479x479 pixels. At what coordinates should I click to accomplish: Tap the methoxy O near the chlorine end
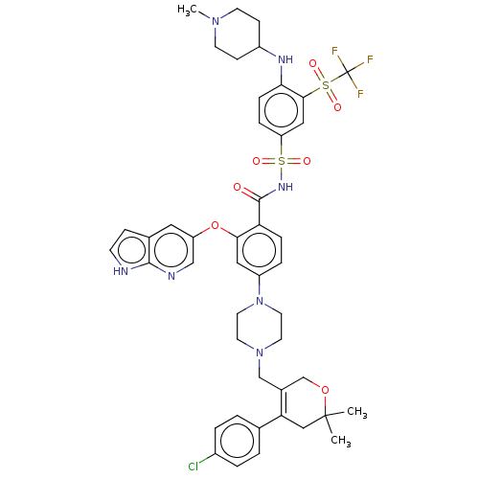(x=324, y=390)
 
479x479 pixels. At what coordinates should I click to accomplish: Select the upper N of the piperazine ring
(x=259, y=304)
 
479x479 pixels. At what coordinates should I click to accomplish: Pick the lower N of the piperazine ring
(x=259, y=354)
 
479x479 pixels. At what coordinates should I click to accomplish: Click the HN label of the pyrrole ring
(x=121, y=271)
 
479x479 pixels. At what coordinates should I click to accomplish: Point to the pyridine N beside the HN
(x=171, y=277)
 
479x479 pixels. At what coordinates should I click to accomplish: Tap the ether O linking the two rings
(x=215, y=227)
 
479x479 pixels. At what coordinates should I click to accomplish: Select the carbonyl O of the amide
(x=237, y=188)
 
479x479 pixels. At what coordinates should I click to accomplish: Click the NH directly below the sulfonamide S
(x=285, y=188)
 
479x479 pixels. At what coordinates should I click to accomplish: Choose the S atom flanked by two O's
(x=282, y=162)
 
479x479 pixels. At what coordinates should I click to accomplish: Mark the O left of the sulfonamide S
(x=257, y=162)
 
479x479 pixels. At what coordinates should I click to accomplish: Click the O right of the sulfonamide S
(x=307, y=162)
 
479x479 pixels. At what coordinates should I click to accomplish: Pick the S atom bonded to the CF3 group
(x=326, y=86)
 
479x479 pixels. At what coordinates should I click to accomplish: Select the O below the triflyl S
(x=337, y=107)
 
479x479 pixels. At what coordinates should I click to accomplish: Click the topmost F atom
(x=334, y=51)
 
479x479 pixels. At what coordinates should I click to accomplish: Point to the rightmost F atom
(x=370, y=60)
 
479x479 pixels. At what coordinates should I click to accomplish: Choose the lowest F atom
(x=360, y=94)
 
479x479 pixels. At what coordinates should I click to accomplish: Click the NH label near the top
(x=285, y=59)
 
